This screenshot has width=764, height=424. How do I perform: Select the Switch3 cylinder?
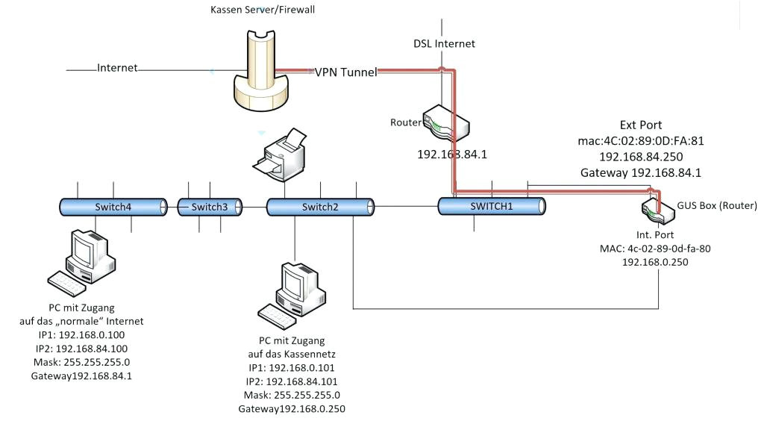209,207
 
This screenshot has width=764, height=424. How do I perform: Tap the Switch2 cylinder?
320,207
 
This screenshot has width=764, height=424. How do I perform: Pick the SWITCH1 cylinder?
491,206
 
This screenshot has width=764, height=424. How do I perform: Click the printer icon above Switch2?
279,155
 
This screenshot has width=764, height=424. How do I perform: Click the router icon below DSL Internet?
445,123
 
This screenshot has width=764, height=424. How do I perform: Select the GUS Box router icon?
658,209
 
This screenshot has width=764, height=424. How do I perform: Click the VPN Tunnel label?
345,72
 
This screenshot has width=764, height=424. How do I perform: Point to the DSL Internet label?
444,43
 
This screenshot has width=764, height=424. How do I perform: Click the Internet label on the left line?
117,68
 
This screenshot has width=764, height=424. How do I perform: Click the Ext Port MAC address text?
640,140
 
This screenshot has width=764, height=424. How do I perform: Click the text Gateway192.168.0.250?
291,409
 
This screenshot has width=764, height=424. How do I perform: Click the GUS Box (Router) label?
717,205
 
